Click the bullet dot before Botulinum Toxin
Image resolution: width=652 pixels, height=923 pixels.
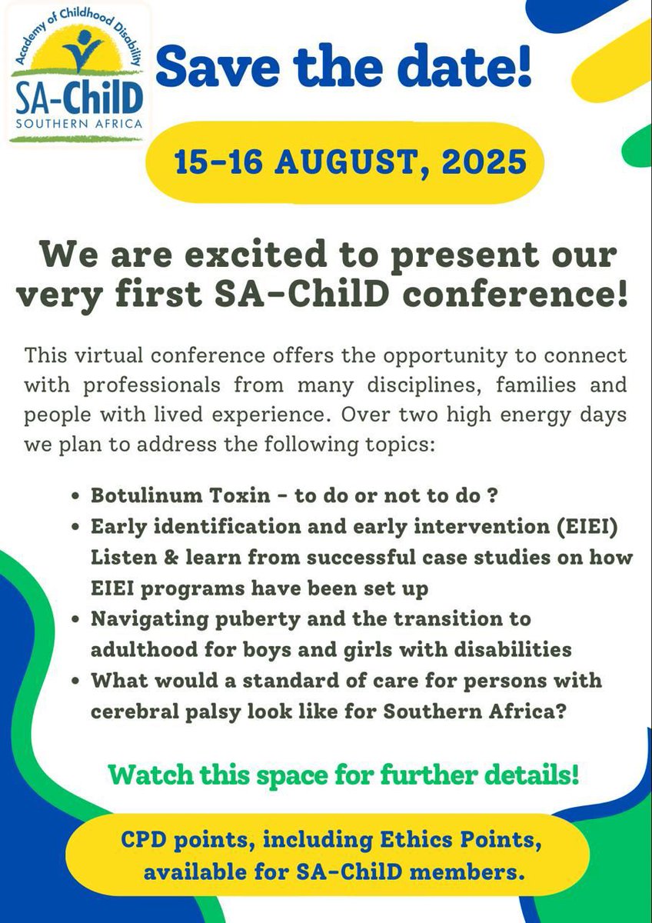pyautogui.click(x=76, y=496)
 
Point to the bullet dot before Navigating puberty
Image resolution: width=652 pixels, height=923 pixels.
pyautogui.click(x=76, y=619)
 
